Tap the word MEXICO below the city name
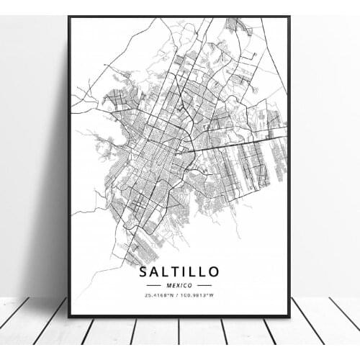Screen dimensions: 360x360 tap(179, 285)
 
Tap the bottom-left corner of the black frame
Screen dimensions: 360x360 tap(69, 315)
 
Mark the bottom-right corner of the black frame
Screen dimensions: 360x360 tap(289, 315)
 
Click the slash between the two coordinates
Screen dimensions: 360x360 tap(179, 295)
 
